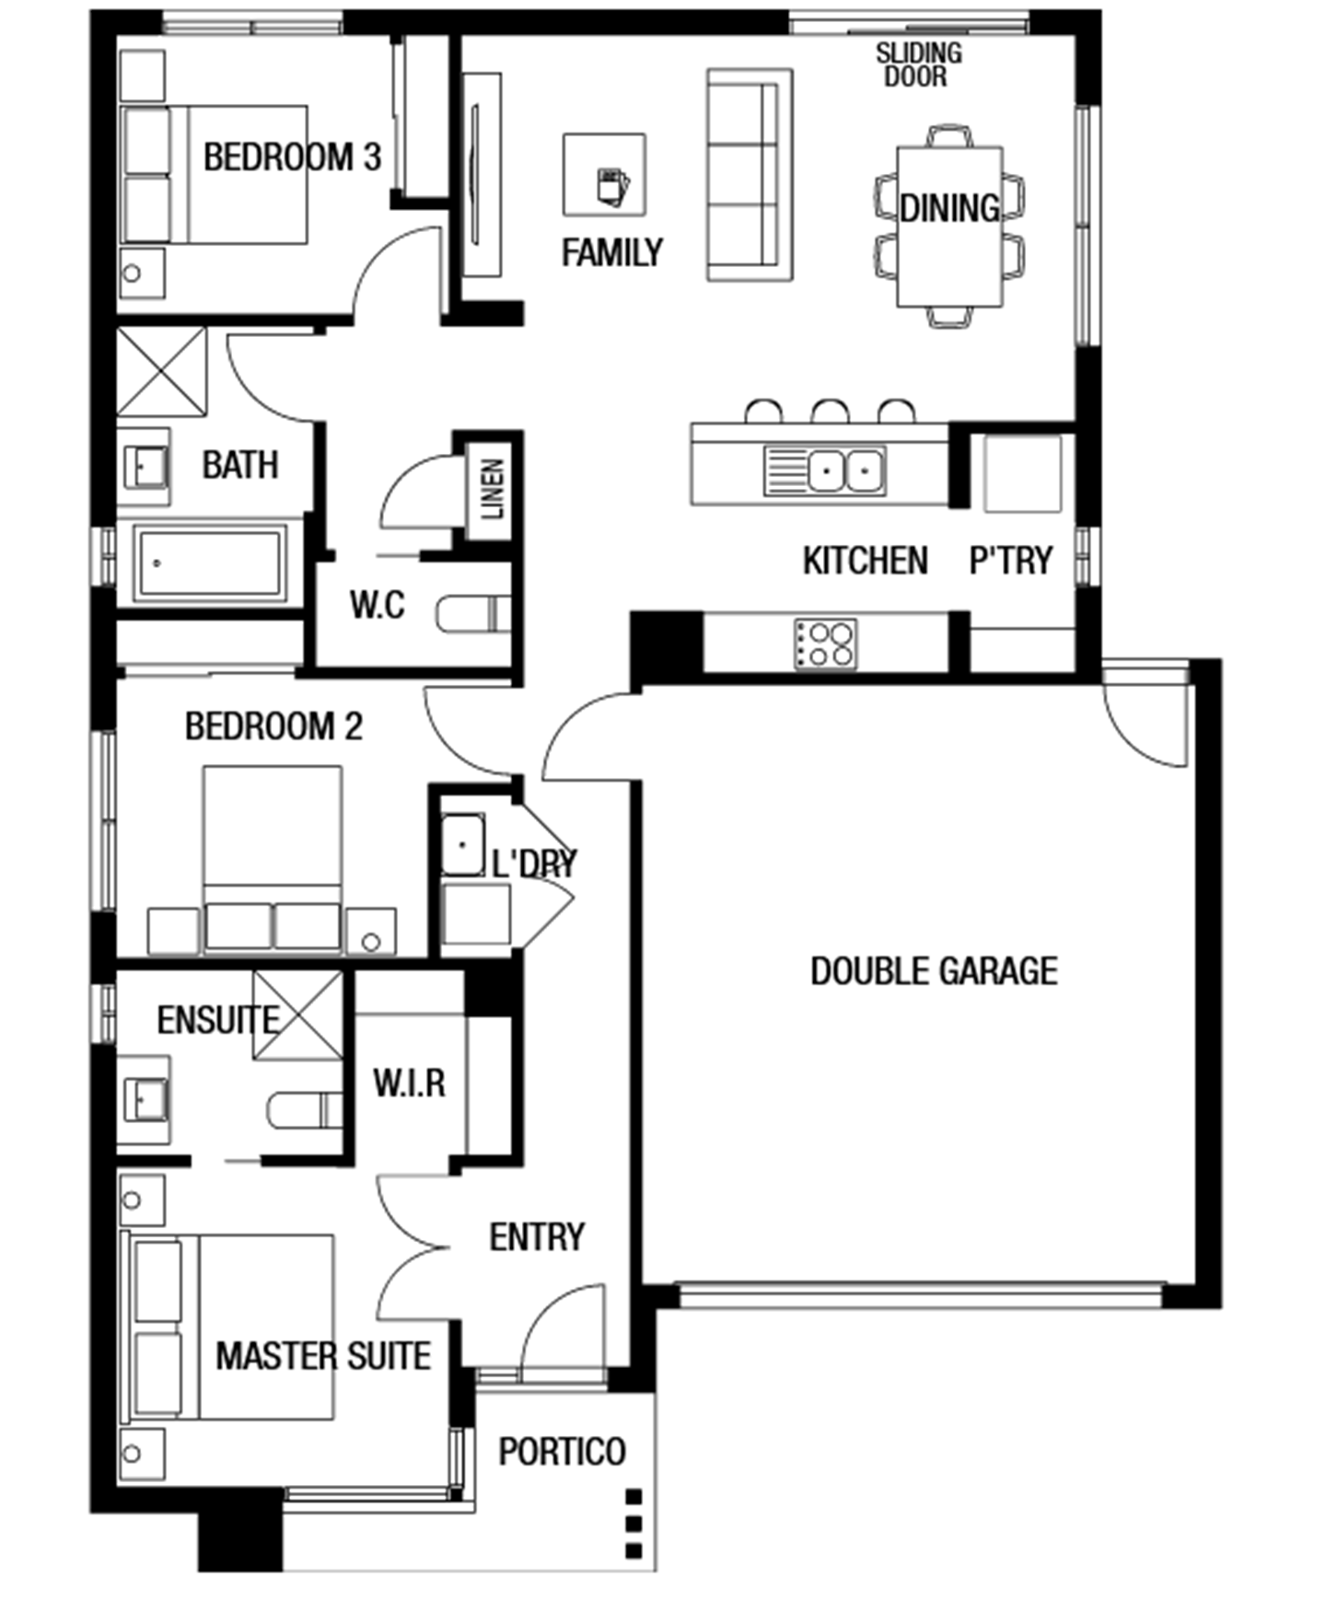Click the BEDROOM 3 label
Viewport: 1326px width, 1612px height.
[x=292, y=157]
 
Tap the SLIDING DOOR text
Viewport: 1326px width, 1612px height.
[x=918, y=64]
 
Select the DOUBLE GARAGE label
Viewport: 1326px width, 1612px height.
[x=934, y=971]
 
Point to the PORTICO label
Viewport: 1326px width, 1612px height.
[x=562, y=1452]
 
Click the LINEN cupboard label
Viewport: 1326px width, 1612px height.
[x=494, y=488]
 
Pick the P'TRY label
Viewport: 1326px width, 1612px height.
[x=1010, y=560]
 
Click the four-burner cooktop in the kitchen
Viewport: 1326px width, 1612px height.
[x=826, y=644]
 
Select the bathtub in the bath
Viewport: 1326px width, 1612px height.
[x=209, y=563]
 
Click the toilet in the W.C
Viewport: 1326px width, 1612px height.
[x=473, y=614]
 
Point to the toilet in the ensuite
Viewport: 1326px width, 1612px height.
[x=305, y=1110]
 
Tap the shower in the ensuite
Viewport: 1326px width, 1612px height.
[x=297, y=1015]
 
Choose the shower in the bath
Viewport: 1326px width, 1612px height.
[x=162, y=372]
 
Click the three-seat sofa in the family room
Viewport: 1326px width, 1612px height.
[x=750, y=175]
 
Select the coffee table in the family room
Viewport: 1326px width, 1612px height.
[x=604, y=175]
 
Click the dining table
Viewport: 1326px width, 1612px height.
[x=949, y=226]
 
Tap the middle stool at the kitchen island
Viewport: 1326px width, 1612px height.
[x=830, y=412]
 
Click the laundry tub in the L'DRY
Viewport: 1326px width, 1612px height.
[x=463, y=844]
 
